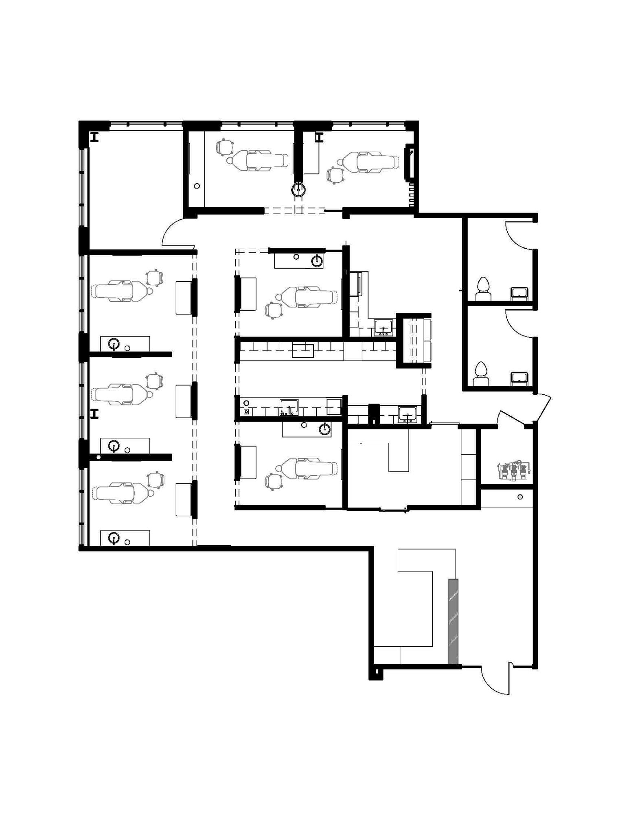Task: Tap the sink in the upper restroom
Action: pos(520,293)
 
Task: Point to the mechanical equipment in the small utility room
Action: pos(513,471)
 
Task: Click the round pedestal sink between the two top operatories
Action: pos(299,189)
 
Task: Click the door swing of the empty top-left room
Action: pos(173,234)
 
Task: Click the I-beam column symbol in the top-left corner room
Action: pos(95,138)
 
